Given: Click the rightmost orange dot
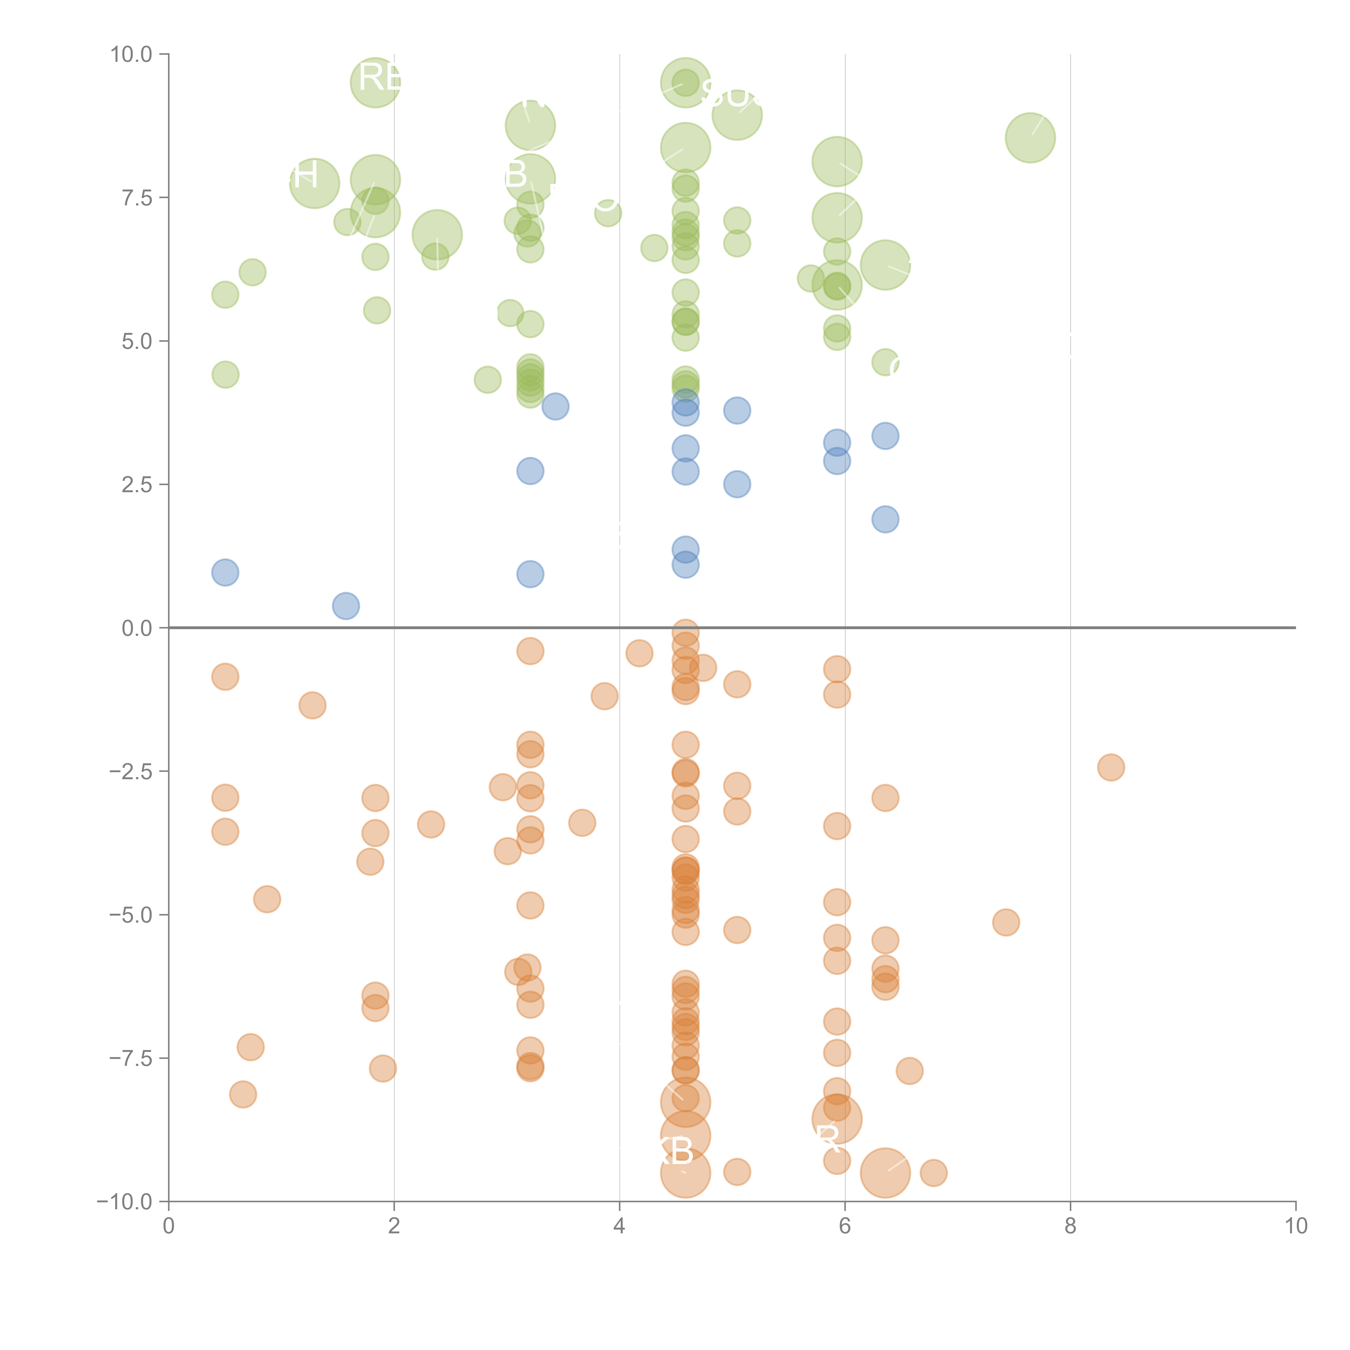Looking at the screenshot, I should pyautogui.click(x=1110, y=767).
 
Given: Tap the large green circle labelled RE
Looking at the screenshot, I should pyautogui.click(x=375, y=82).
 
